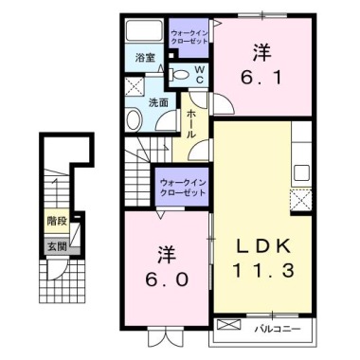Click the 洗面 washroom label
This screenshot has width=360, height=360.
(x=158, y=102)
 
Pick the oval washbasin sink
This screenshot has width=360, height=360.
(x=134, y=118)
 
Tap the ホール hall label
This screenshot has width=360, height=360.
(x=192, y=124)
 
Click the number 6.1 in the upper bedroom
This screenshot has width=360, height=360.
(x=261, y=69)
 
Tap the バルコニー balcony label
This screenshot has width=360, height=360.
(x=277, y=329)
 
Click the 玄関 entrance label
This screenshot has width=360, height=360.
(x=57, y=246)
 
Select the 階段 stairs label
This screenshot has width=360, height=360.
(x=57, y=222)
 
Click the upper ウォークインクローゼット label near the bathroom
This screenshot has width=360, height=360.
(x=190, y=36)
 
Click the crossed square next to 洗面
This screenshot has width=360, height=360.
(x=135, y=85)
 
